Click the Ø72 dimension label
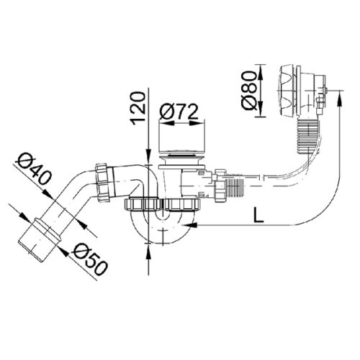click(179, 112)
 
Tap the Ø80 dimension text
click(249, 90)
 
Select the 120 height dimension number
click(138, 108)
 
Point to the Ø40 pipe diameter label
click(34, 169)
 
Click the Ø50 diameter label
click(90, 259)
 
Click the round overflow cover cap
click(287, 91)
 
